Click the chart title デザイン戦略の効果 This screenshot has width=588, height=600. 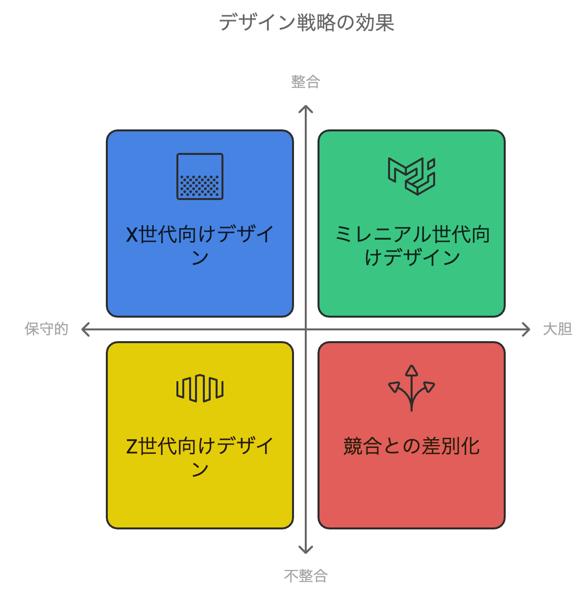coord(306,23)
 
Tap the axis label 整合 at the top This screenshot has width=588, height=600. coord(305,82)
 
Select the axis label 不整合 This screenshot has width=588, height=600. coord(305,575)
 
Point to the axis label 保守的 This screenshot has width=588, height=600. coord(47,329)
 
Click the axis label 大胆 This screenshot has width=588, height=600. coord(557,329)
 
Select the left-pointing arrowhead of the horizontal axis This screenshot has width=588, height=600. coord(85,329)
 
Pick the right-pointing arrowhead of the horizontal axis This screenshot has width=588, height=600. coord(526,329)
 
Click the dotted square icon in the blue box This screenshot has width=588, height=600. coord(200,176)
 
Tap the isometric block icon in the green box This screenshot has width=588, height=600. coord(412,176)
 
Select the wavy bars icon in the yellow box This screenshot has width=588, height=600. coord(200,388)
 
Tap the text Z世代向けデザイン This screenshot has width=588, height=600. coord(200,457)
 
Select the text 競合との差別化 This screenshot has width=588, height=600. coord(412,446)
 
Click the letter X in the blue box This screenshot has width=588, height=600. coord(132,234)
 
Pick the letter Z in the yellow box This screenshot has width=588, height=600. coord(131,446)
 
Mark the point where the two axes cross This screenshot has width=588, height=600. coord(306,329)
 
